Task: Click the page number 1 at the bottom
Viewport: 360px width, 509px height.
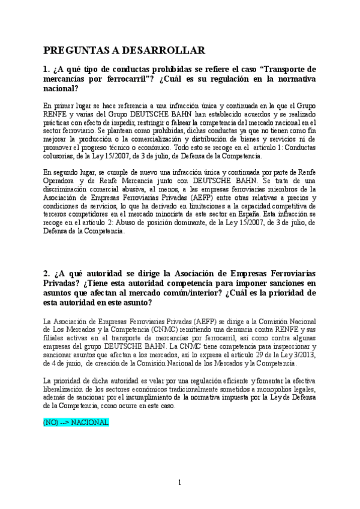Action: click(x=179, y=482)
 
